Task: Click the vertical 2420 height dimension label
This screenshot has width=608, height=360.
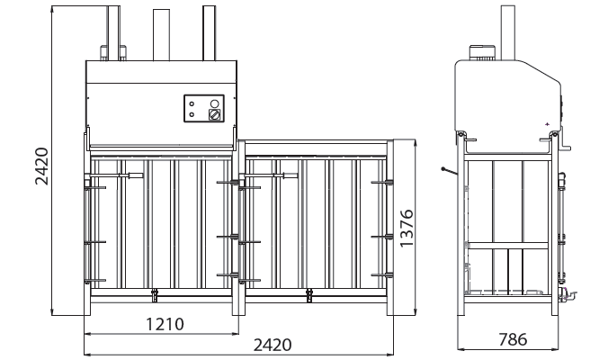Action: [41, 166]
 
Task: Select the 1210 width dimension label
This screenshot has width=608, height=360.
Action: [165, 324]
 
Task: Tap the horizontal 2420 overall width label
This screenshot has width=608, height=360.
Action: [273, 345]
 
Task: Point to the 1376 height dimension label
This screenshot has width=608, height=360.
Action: [407, 228]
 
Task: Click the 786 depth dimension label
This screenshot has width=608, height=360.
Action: [513, 339]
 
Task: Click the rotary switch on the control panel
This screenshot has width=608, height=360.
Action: [214, 114]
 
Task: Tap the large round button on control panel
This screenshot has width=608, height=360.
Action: [214, 103]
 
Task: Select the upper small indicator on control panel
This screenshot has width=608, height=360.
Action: [192, 104]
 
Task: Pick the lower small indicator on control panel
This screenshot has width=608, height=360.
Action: [192, 114]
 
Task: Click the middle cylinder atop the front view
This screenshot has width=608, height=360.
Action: [161, 35]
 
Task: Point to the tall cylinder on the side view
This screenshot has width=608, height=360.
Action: [508, 33]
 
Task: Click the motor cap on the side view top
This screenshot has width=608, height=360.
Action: [482, 53]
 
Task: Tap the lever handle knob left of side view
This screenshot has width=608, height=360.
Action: [443, 169]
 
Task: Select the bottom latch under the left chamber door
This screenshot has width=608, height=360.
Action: [155, 295]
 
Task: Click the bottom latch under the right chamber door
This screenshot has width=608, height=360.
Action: [309, 295]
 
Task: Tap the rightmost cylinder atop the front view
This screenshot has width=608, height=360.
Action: [209, 33]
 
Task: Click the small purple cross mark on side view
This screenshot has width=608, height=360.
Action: [547, 124]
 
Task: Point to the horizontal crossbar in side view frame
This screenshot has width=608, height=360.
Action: [508, 246]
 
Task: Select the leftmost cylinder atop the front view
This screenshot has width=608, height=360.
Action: [113, 33]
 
